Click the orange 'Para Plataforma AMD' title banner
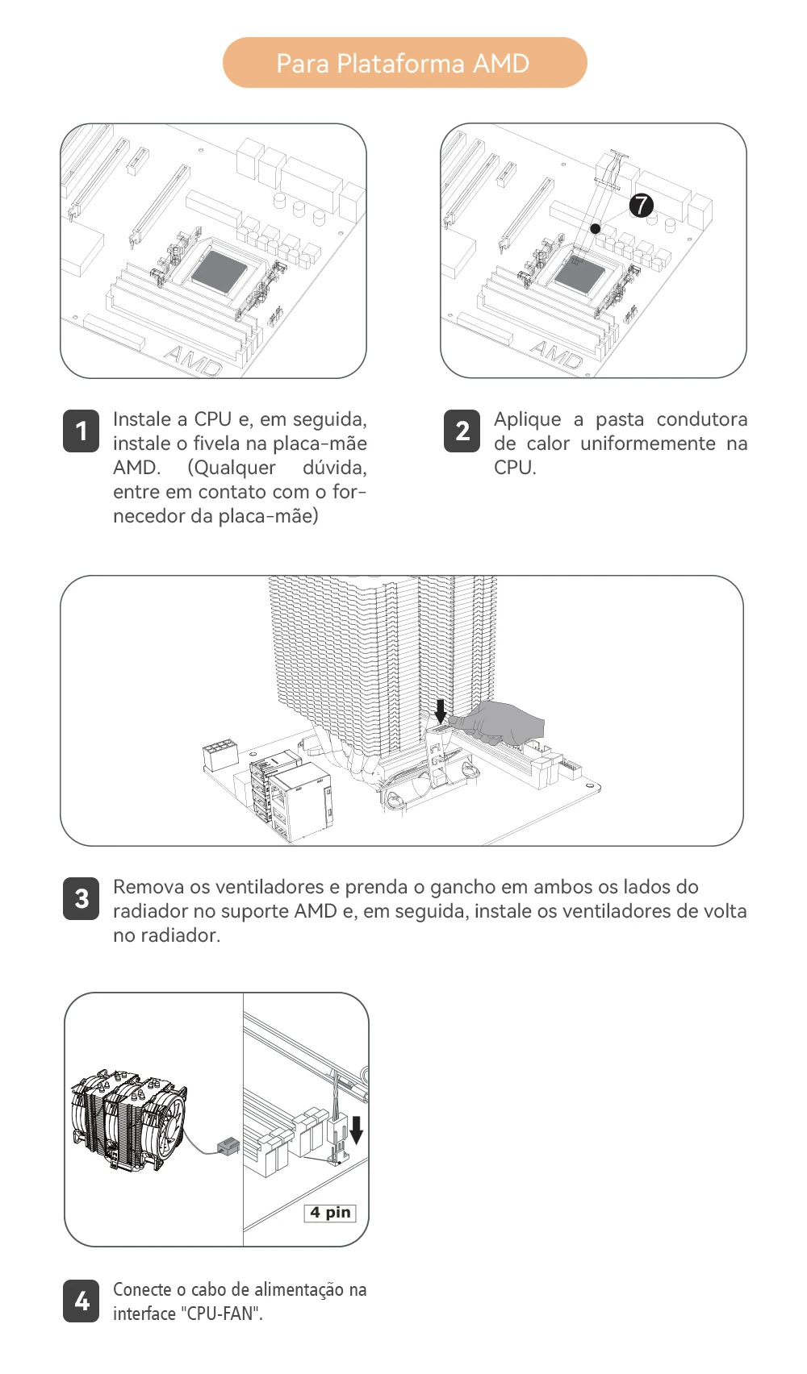coord(404,63)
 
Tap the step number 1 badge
coord(81,431)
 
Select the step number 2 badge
coord(462,431)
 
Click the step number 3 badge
coord(81,898)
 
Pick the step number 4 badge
coord(81,1301)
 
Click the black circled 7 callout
coord(641,205)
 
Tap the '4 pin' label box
coord(330,1213)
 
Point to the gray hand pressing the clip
coord(500,722)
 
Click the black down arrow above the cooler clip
coord(440,710)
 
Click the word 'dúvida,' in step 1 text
coord(334,468)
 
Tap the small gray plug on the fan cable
coord(228,1147)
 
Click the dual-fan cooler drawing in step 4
coord(129,1119)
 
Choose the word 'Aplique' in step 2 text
coord(528,419)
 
